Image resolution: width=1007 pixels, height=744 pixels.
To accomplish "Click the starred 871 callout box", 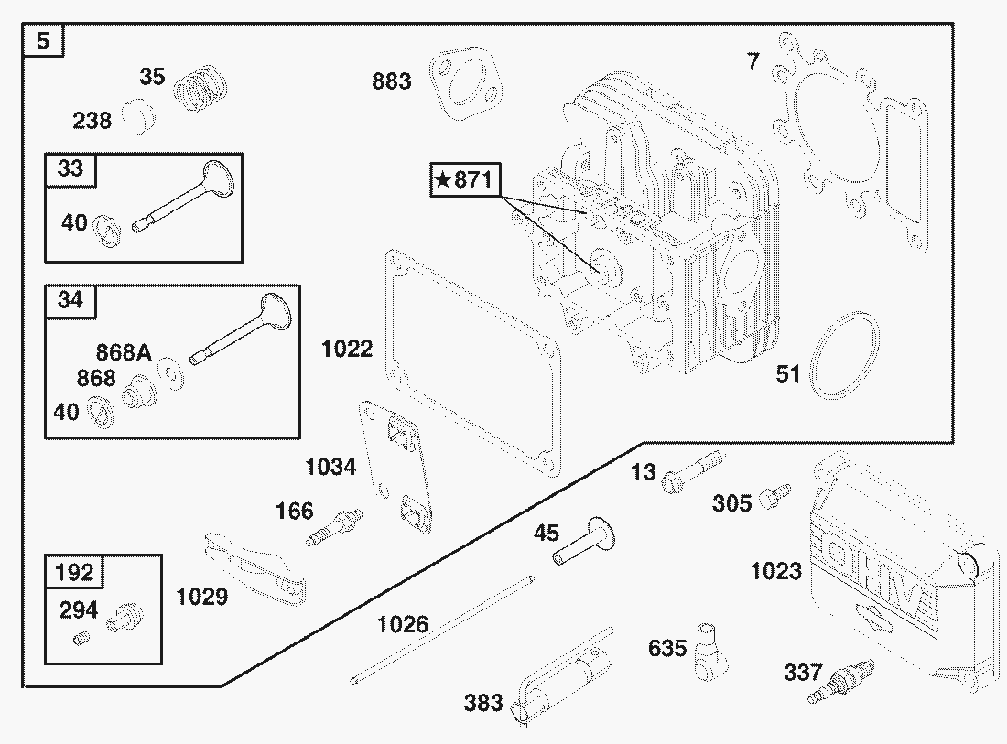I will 465,180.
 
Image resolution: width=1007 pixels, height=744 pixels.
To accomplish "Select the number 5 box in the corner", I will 42,41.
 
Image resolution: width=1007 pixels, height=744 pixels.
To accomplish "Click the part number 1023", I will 775,571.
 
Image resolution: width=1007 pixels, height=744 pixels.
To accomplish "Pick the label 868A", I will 124,352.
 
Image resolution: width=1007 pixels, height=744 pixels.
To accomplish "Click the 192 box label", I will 74,573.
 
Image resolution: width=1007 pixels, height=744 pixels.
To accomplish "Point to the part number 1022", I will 347,349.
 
